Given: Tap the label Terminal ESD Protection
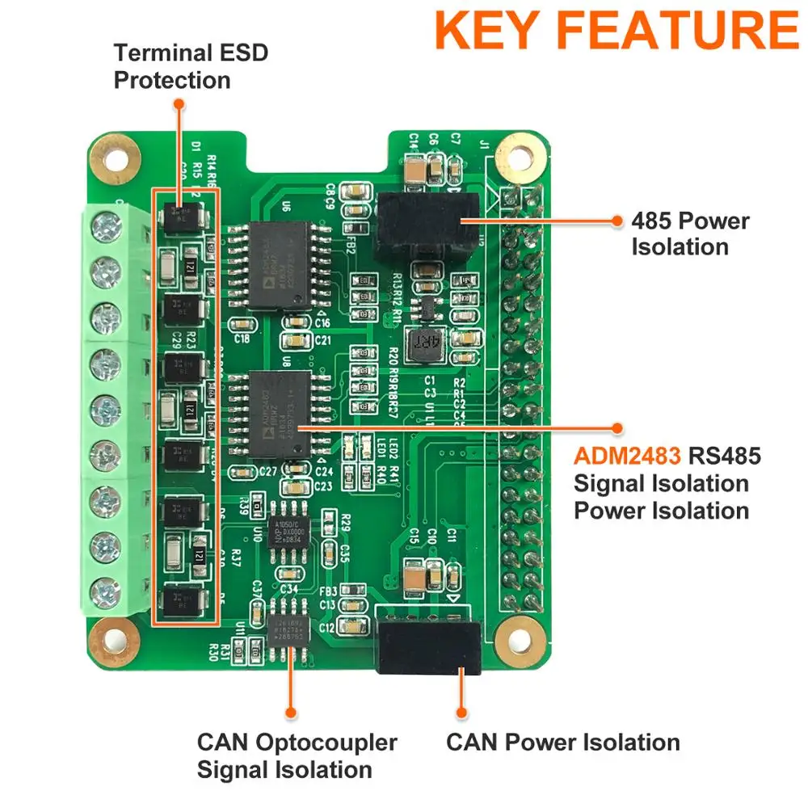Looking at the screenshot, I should (191, 67).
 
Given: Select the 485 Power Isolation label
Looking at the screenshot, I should (690, 234).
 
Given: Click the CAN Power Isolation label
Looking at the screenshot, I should (562, 742).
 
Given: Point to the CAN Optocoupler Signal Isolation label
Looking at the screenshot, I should (297, 755).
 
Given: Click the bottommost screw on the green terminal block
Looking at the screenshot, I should (105, 593).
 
